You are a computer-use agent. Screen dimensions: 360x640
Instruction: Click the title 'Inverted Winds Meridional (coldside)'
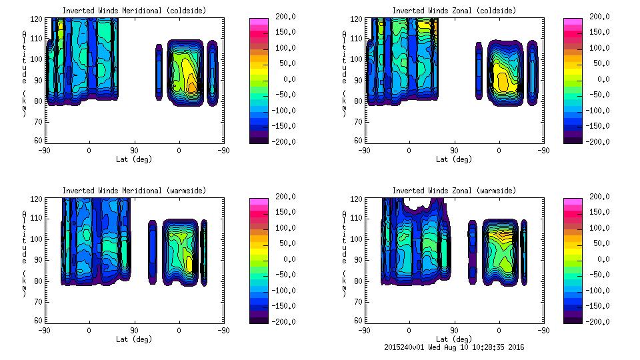coord(134,11)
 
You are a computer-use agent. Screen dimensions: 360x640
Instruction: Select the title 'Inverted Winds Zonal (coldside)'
coord(454,11)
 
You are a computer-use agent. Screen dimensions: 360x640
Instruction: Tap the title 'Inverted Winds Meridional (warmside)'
coord(134,191)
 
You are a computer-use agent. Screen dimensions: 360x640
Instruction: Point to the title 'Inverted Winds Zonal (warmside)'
coord(454,191)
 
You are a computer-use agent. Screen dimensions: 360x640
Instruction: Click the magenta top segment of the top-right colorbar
coord(573,23)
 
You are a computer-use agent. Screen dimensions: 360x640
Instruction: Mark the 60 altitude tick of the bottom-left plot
coord(38,321)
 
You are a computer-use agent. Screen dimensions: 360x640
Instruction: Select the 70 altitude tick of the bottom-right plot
coord(358,301)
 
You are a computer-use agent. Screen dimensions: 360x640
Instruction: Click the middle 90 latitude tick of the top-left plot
coord(134,150)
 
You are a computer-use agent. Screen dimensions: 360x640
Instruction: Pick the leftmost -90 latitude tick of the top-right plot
coord(364,150)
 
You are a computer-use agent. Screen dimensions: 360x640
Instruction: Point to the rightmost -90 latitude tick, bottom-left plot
coord(224,330)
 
